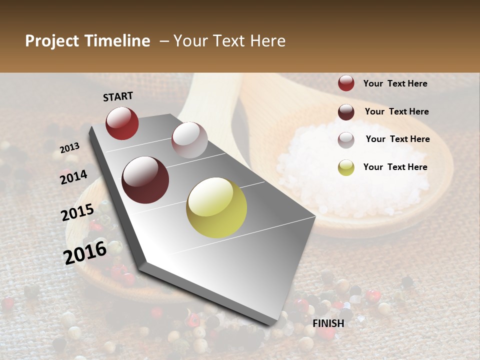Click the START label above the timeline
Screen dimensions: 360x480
(x=118, y=96)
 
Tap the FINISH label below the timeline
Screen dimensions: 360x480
(x=328, y=323)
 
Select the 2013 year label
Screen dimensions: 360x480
(x=69, y=147)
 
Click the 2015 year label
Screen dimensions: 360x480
(x=77, y=212)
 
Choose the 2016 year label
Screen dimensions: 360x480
(x=85, y=253)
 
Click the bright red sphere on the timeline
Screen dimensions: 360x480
(x=122, y=123)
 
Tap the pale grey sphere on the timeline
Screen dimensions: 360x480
(x=189, y=140)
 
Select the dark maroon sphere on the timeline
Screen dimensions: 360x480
(x=145, y=180)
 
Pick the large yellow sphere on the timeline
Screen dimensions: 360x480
(x=216, y=207)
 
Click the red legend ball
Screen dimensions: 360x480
(x=346, y=83)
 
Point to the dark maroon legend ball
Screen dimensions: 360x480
(x=346, y=112)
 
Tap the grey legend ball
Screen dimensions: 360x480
(x=346, y=140)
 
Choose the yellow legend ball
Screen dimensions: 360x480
(x=346, y=167)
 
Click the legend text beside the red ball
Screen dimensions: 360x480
(x=395, y=83)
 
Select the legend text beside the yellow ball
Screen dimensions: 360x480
(x=395, y=167)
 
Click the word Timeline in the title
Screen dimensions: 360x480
(x=117, y=41)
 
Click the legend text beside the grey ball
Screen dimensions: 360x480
(x=397, y=139)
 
